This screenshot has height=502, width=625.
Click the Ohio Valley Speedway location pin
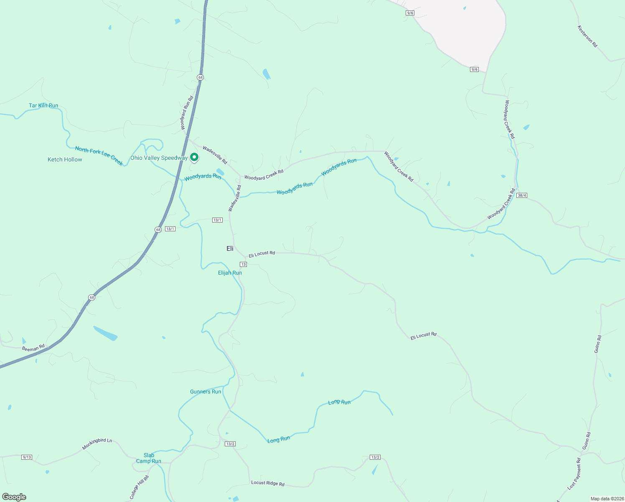(x=194, y=157)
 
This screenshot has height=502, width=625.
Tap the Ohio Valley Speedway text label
(x=159, y=158)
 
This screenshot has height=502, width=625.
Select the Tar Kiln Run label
(x=43, y=106)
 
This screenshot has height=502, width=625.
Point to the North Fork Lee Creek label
(x=99, y=156)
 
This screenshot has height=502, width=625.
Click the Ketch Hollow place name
(x=65, y=159)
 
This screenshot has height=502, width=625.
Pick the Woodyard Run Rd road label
(x=186, y=113)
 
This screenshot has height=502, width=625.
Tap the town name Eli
(x=230, y=248)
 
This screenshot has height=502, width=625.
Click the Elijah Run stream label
(x=230, y=273)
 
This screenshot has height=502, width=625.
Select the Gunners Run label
(x=206, y=392)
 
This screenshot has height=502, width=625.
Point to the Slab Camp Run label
(x=149, y=458)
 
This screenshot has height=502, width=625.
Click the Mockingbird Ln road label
(x=97, y=444)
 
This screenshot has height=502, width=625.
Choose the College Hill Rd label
(x=139, y=487)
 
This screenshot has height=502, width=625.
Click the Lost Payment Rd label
(x=574, y=474)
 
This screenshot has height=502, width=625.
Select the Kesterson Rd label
(x=587, y=36)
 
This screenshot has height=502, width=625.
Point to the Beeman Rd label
(x=33, y=348)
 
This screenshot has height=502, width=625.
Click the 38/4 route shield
(x=522, y=195)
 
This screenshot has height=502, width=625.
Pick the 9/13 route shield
(x=27, y=457)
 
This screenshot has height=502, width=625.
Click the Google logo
(x=14, y=497)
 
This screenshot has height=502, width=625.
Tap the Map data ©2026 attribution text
(x=606, y=499)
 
